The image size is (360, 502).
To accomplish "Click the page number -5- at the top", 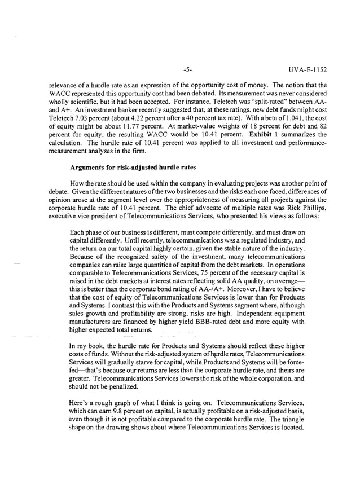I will point(188,70).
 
